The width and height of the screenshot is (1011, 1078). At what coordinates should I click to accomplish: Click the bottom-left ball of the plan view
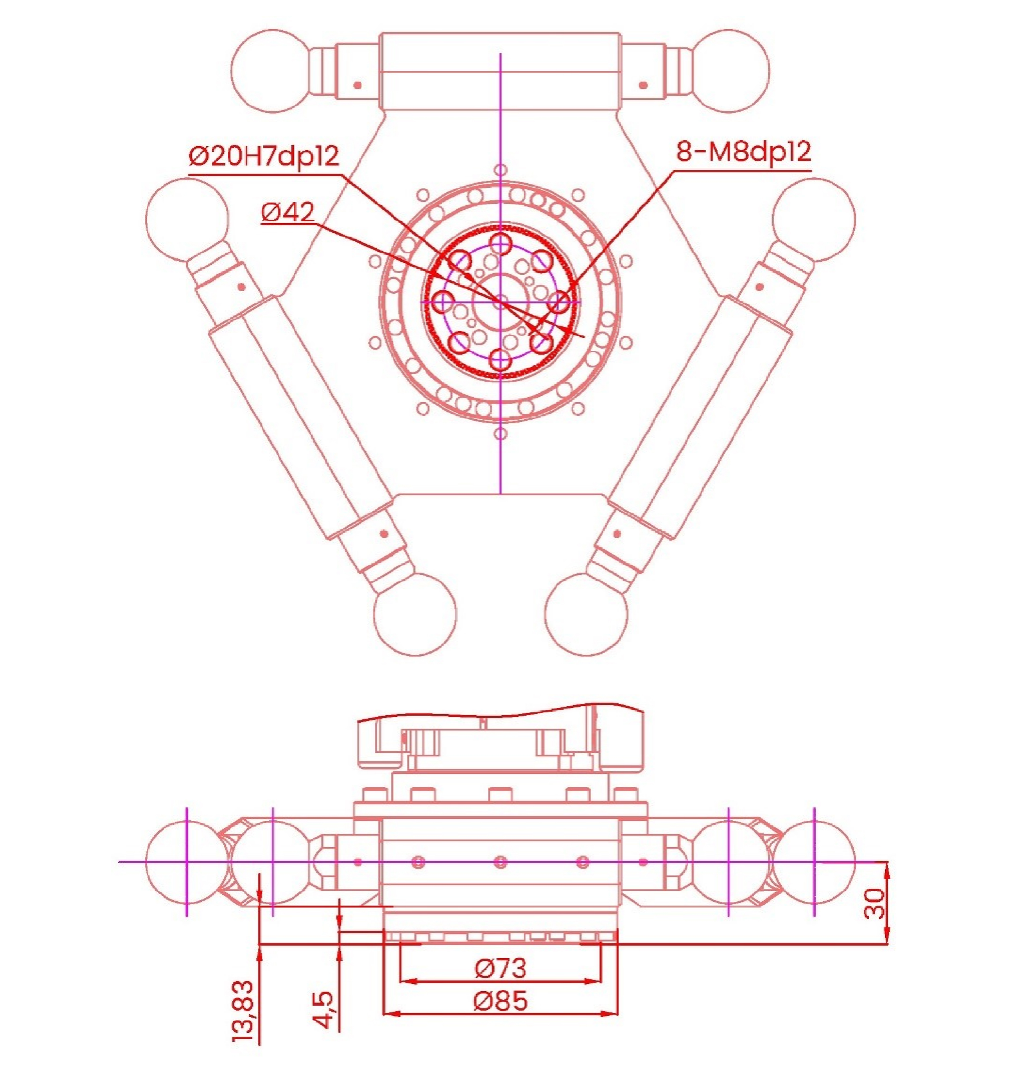coord(415,614)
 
